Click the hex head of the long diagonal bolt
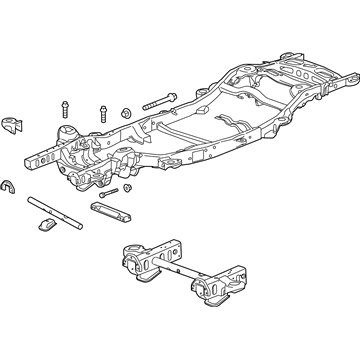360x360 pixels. (149, 103)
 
